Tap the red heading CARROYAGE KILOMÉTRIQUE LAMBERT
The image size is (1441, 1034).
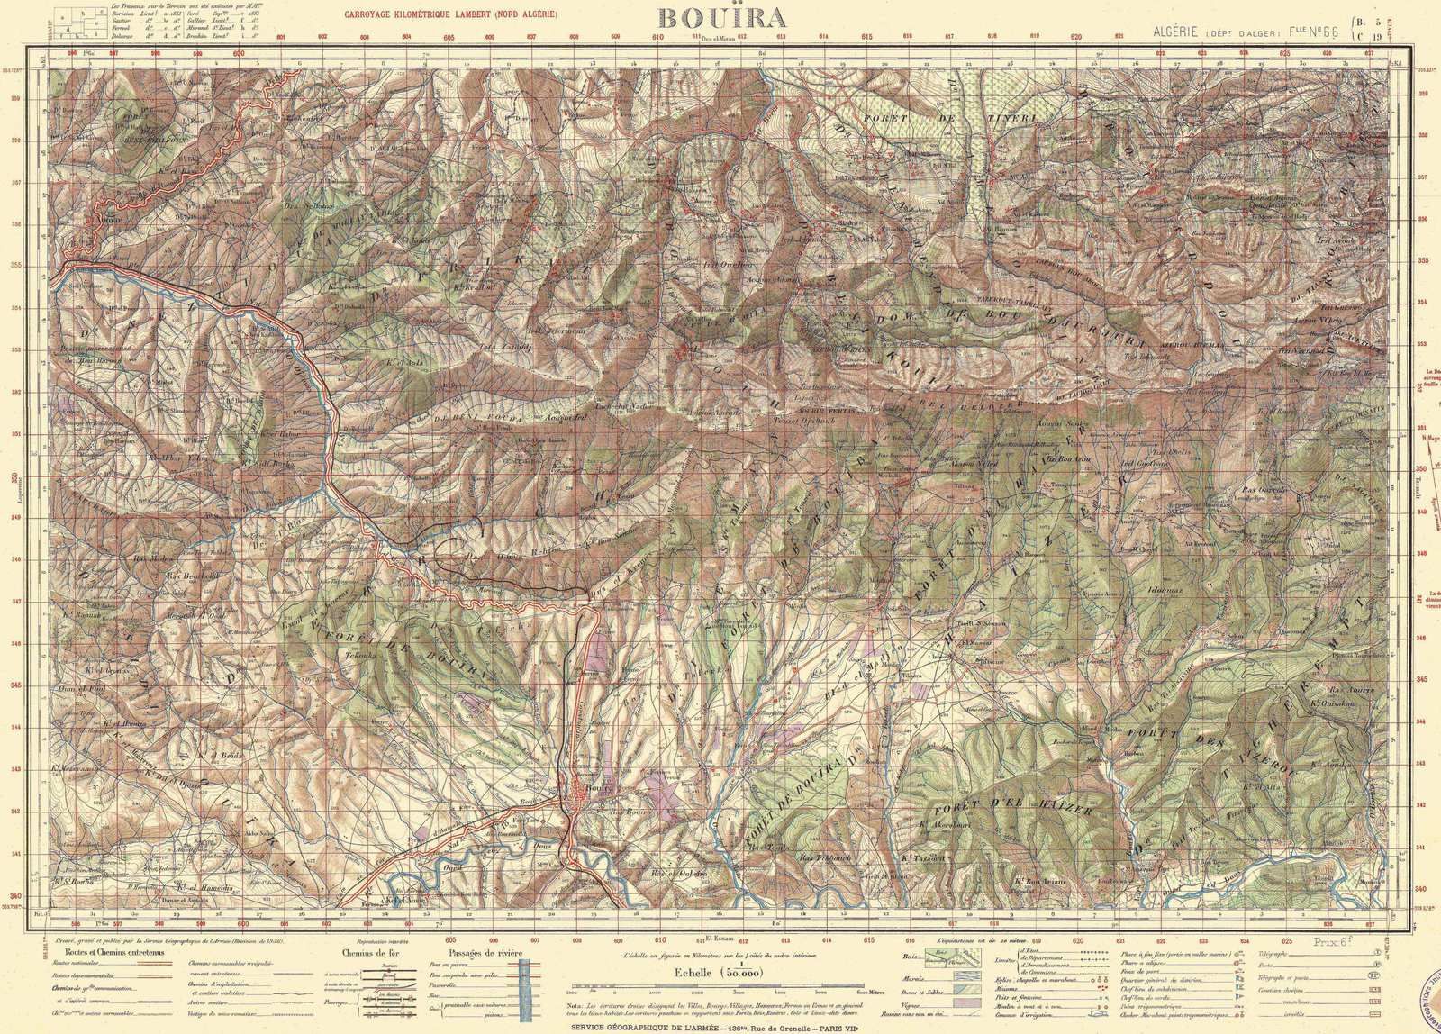click(445, 14)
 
